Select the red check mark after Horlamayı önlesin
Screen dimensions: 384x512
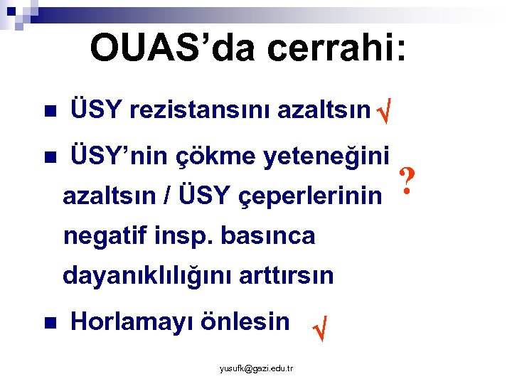pos(320,329)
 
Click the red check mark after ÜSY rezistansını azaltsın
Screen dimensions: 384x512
pos(385,112)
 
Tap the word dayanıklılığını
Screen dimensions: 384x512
pos(142,275)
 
